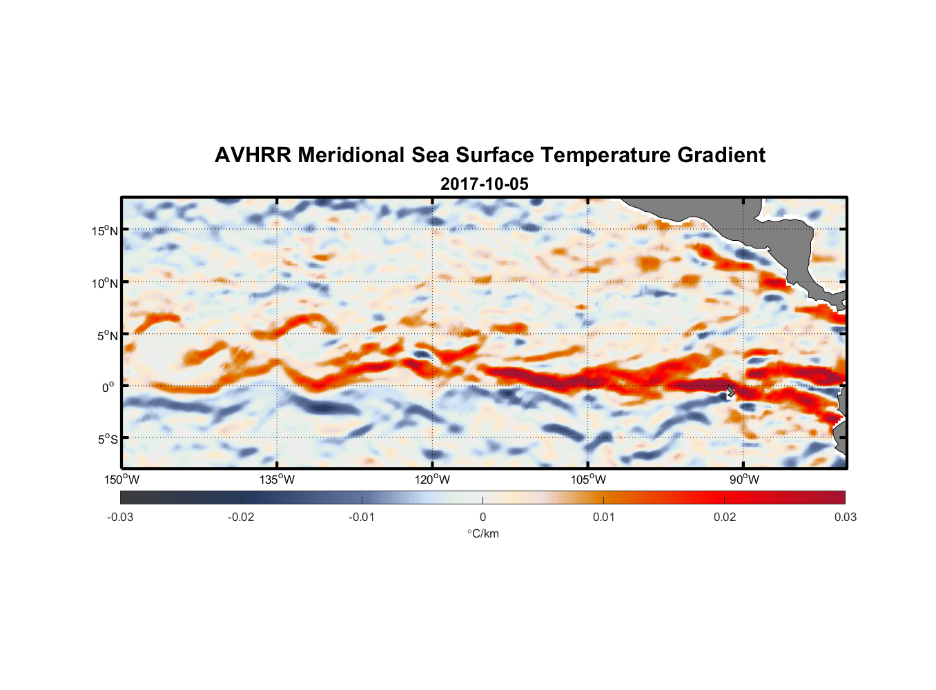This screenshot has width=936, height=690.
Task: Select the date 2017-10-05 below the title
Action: tap(484, 184)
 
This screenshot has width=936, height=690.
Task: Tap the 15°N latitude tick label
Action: tap(104, 230)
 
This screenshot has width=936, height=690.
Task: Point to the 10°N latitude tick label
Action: tap(104, 283)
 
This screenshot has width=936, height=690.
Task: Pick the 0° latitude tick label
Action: tap(108, 387)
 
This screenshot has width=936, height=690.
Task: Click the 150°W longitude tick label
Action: tap(121, 480)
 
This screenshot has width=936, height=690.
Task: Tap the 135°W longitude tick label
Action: tap(277, 480)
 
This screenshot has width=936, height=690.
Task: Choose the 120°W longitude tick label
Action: tap(432, 480)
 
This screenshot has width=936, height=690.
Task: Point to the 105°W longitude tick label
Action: tap(588, 480)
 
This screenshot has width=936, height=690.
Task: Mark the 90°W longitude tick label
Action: tap(744, 480)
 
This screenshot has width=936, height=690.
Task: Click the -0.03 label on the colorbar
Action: tap(120, 517)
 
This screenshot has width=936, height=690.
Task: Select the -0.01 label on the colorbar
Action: tap(362, 517)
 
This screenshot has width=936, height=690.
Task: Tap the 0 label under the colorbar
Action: tap(482, 517)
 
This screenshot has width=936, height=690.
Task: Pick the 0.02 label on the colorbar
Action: tap(725, 517)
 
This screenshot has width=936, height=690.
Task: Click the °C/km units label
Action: tap(482, 533)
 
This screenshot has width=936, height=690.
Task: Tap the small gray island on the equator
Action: tap(730, 391)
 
